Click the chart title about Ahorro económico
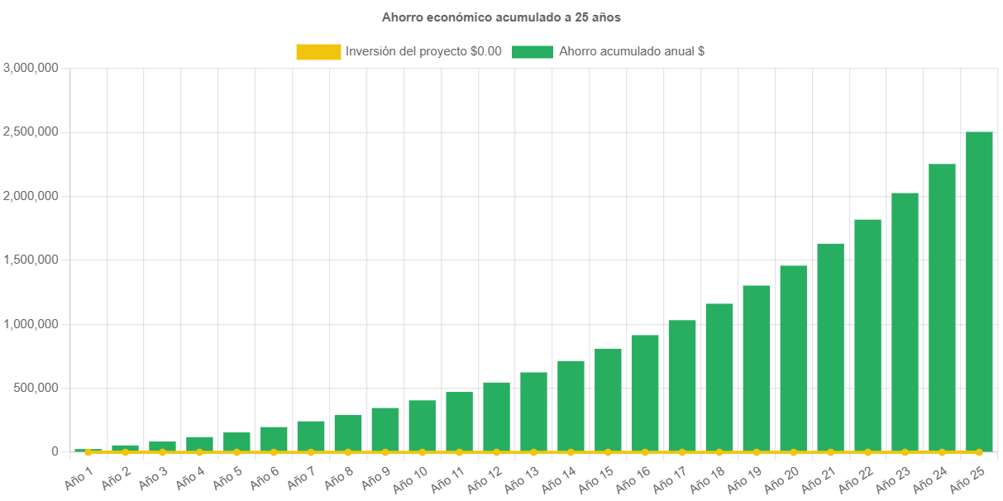pos(501,17)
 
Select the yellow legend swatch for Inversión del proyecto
pos(318,51)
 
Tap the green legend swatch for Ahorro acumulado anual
pos(532,51)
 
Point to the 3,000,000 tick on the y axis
pos(31,68)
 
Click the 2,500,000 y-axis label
pos(31,131)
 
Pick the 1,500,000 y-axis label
pos(31,260)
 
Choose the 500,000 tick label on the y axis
pos(36,388)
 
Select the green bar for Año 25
pos(979,289)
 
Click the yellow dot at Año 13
pos(533,452)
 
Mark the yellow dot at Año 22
pos(867,452)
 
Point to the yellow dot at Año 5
pos(236,452)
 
